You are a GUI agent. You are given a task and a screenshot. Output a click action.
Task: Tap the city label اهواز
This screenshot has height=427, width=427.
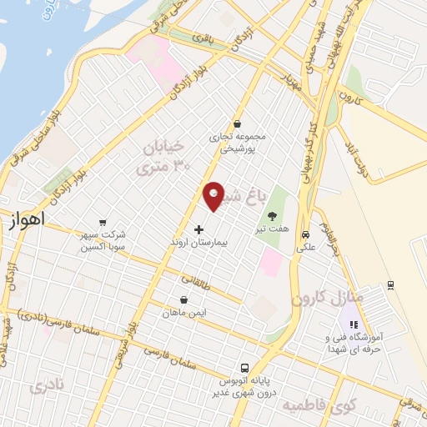click(25, 221)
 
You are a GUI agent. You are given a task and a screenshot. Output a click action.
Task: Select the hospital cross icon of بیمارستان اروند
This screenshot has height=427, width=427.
click(198, 229)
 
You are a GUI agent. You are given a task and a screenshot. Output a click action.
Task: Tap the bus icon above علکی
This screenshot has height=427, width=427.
click(306, 234)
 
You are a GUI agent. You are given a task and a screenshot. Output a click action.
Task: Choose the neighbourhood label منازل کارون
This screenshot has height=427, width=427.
click(329, 298)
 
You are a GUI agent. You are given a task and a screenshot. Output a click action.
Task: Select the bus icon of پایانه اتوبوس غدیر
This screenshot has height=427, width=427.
click(244, 368)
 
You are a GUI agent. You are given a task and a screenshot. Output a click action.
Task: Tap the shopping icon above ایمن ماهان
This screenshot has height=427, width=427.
click(183, 300)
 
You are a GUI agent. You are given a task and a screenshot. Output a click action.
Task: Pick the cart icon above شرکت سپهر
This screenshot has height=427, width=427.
click(102, 222)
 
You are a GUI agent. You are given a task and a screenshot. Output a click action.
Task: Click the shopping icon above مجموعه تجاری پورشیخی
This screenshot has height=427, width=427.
click(237, 123)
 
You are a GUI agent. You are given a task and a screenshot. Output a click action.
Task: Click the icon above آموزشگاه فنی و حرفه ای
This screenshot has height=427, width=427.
click(353, 324)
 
